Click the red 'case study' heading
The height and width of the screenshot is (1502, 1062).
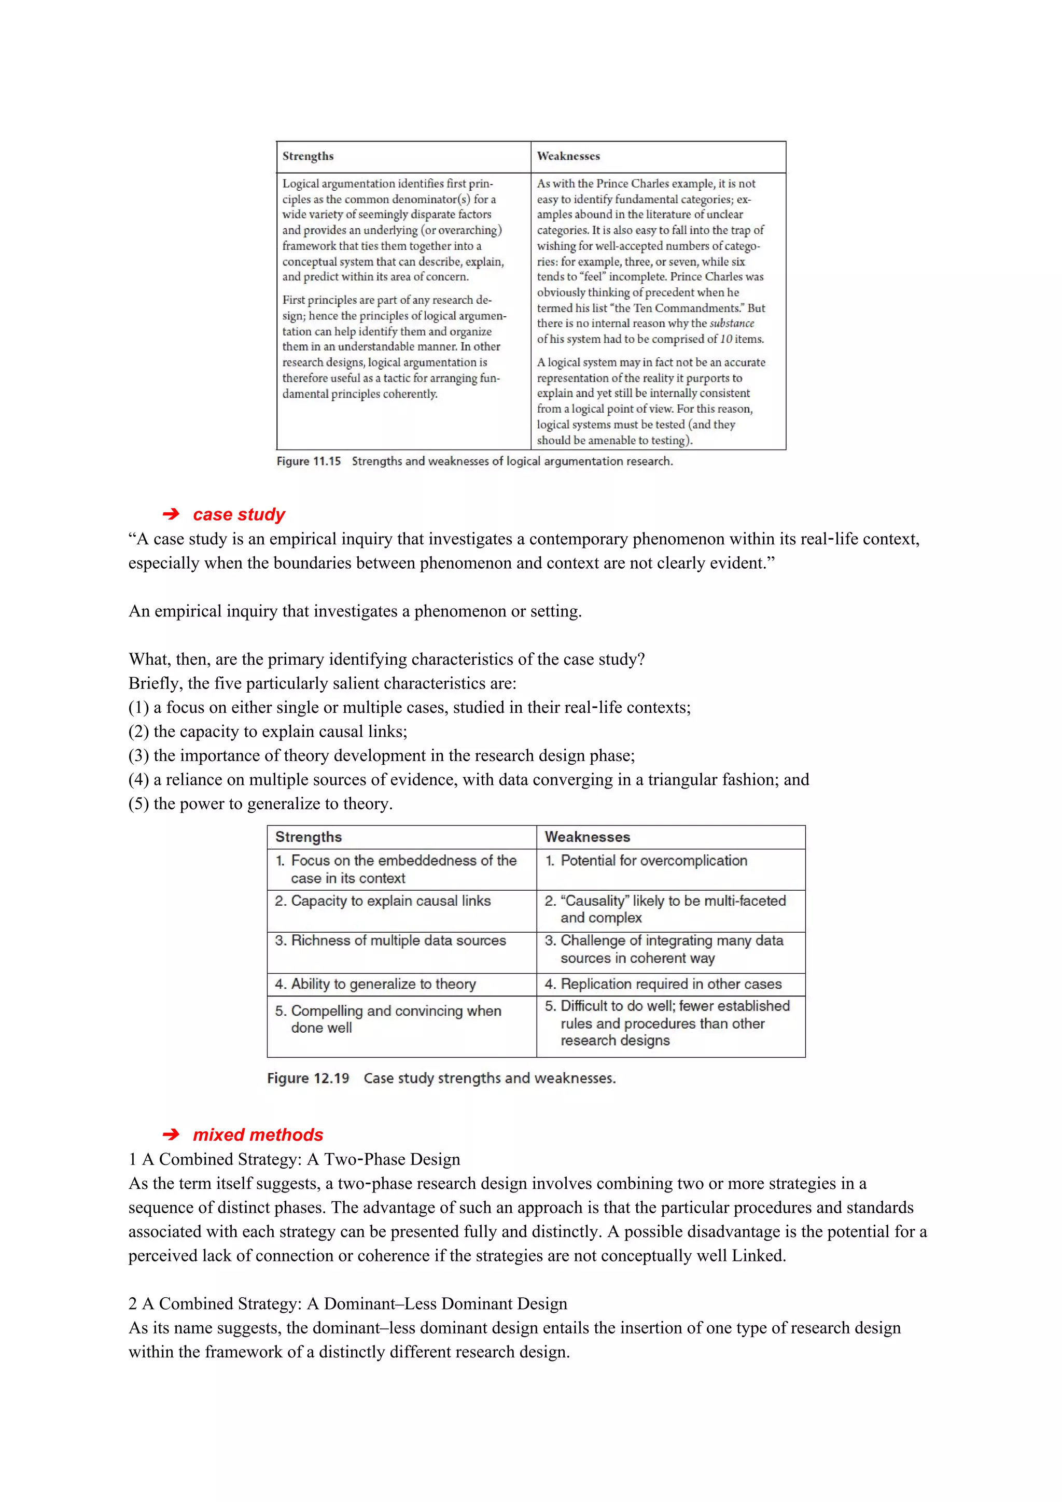click(x=239, y=515)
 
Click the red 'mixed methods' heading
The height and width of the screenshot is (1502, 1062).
click(x=258, y=1135)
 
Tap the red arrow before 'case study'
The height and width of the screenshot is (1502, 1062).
click(x=171, y=515)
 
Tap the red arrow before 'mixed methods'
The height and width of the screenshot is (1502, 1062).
click(x=171, y=1135)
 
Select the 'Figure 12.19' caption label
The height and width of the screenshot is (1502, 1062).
click(x=308, y=1078)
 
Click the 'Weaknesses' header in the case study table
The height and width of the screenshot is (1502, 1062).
click(x=587, y=837)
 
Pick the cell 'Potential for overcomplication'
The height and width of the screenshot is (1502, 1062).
click(x=653, y=861)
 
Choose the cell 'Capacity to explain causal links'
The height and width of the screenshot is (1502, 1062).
click(x=390, y=901)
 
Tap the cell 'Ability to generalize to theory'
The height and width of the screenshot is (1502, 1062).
click(x=383, y=984)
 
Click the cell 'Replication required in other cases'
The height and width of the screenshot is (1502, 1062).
click(x=670, y=984)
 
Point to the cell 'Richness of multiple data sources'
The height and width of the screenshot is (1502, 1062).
click(x=398, y=940)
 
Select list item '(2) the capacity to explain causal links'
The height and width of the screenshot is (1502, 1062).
click(x=268, y=732)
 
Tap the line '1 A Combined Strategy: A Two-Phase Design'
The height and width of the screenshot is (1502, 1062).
click(x=295, y=1159)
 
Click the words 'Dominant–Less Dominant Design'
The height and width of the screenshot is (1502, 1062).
click(x=445, y=1304)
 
